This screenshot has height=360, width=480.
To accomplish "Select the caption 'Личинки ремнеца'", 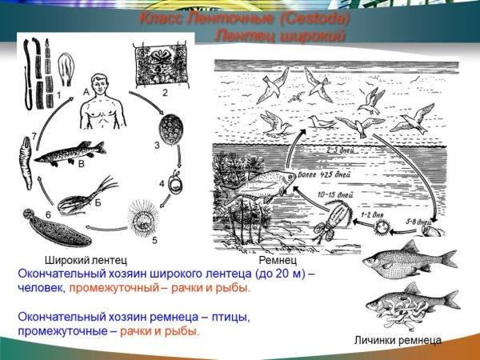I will coord(397,340).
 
